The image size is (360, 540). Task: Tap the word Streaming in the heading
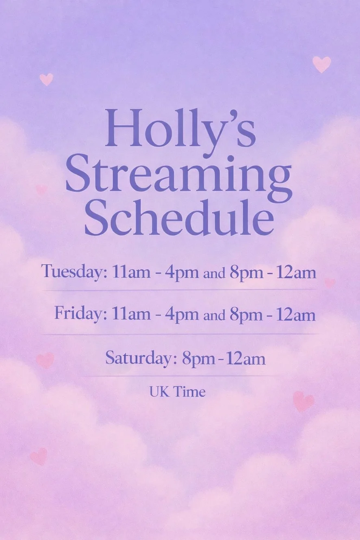[179, 177]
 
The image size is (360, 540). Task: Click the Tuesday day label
[74, 272]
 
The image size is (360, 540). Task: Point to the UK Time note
[178, 392]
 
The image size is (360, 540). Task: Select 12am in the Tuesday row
[296, 272]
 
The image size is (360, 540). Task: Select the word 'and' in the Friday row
[215, 316]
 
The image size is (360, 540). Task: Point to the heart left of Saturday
[45, 360]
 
